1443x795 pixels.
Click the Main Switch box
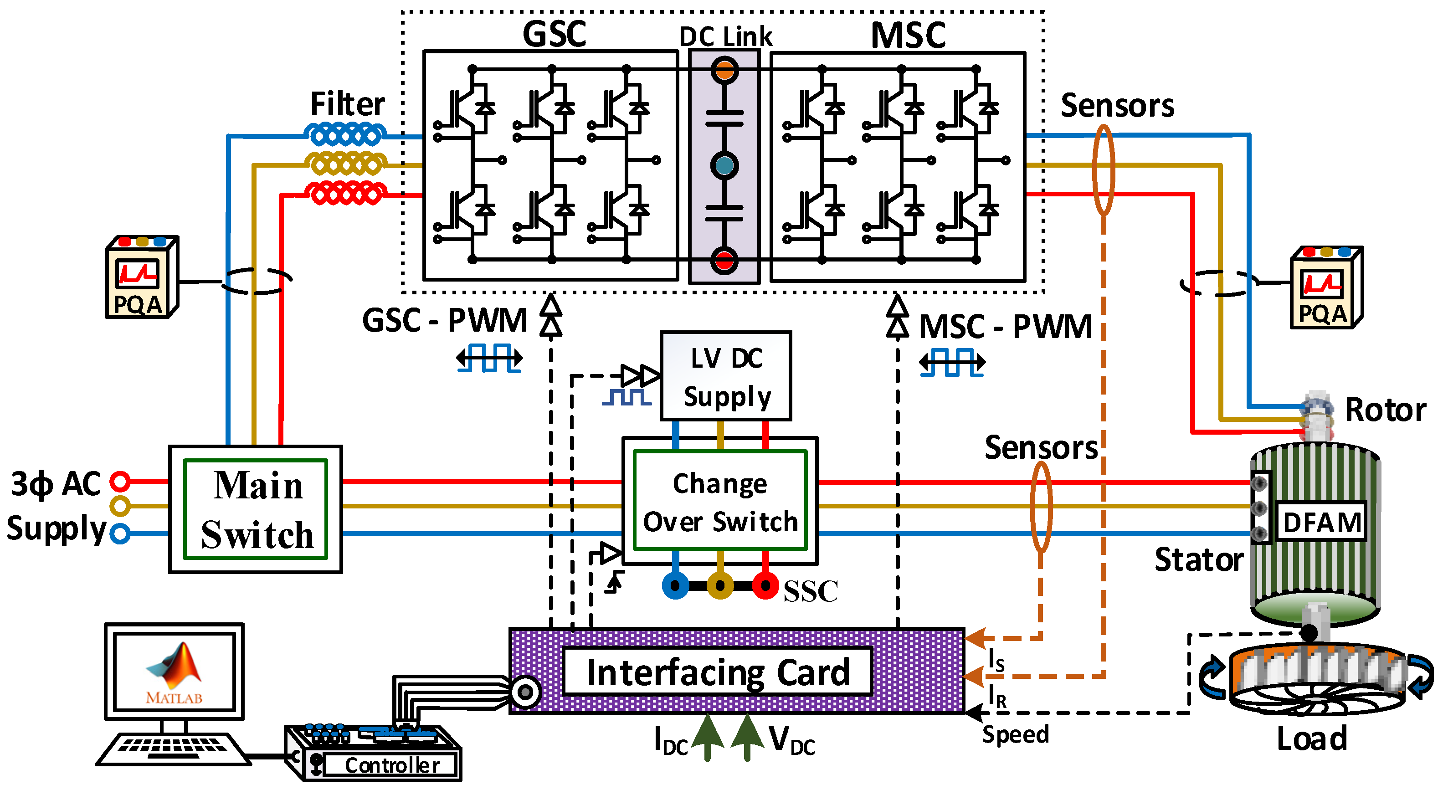(256, 509)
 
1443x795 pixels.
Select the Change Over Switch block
(720, 502)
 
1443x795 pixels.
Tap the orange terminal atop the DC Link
(724, 71)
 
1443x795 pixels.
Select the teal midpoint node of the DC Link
(724, 166)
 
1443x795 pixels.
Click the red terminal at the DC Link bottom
(724, 261)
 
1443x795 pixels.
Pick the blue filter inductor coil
(346, 135)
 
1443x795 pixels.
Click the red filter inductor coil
(346, 194)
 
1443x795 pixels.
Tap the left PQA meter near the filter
(141, 278)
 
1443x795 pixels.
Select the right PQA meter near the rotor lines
(1326, 288)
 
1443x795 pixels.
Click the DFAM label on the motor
(1321, 522)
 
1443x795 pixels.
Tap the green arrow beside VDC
(747, 737)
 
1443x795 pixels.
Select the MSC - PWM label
(1006, 327)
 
